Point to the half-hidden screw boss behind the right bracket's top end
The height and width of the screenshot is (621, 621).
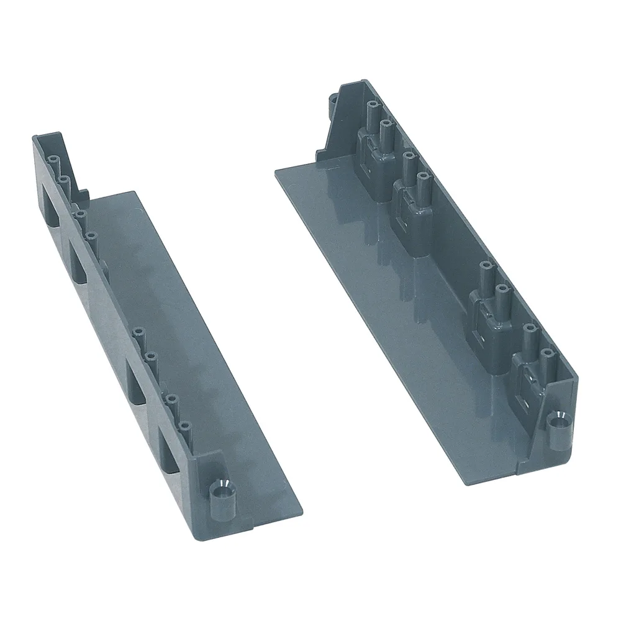pos(334,100)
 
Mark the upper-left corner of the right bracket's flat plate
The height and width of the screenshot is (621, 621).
pos(278,177)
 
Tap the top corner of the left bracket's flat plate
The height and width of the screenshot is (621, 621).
pos(134,193)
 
